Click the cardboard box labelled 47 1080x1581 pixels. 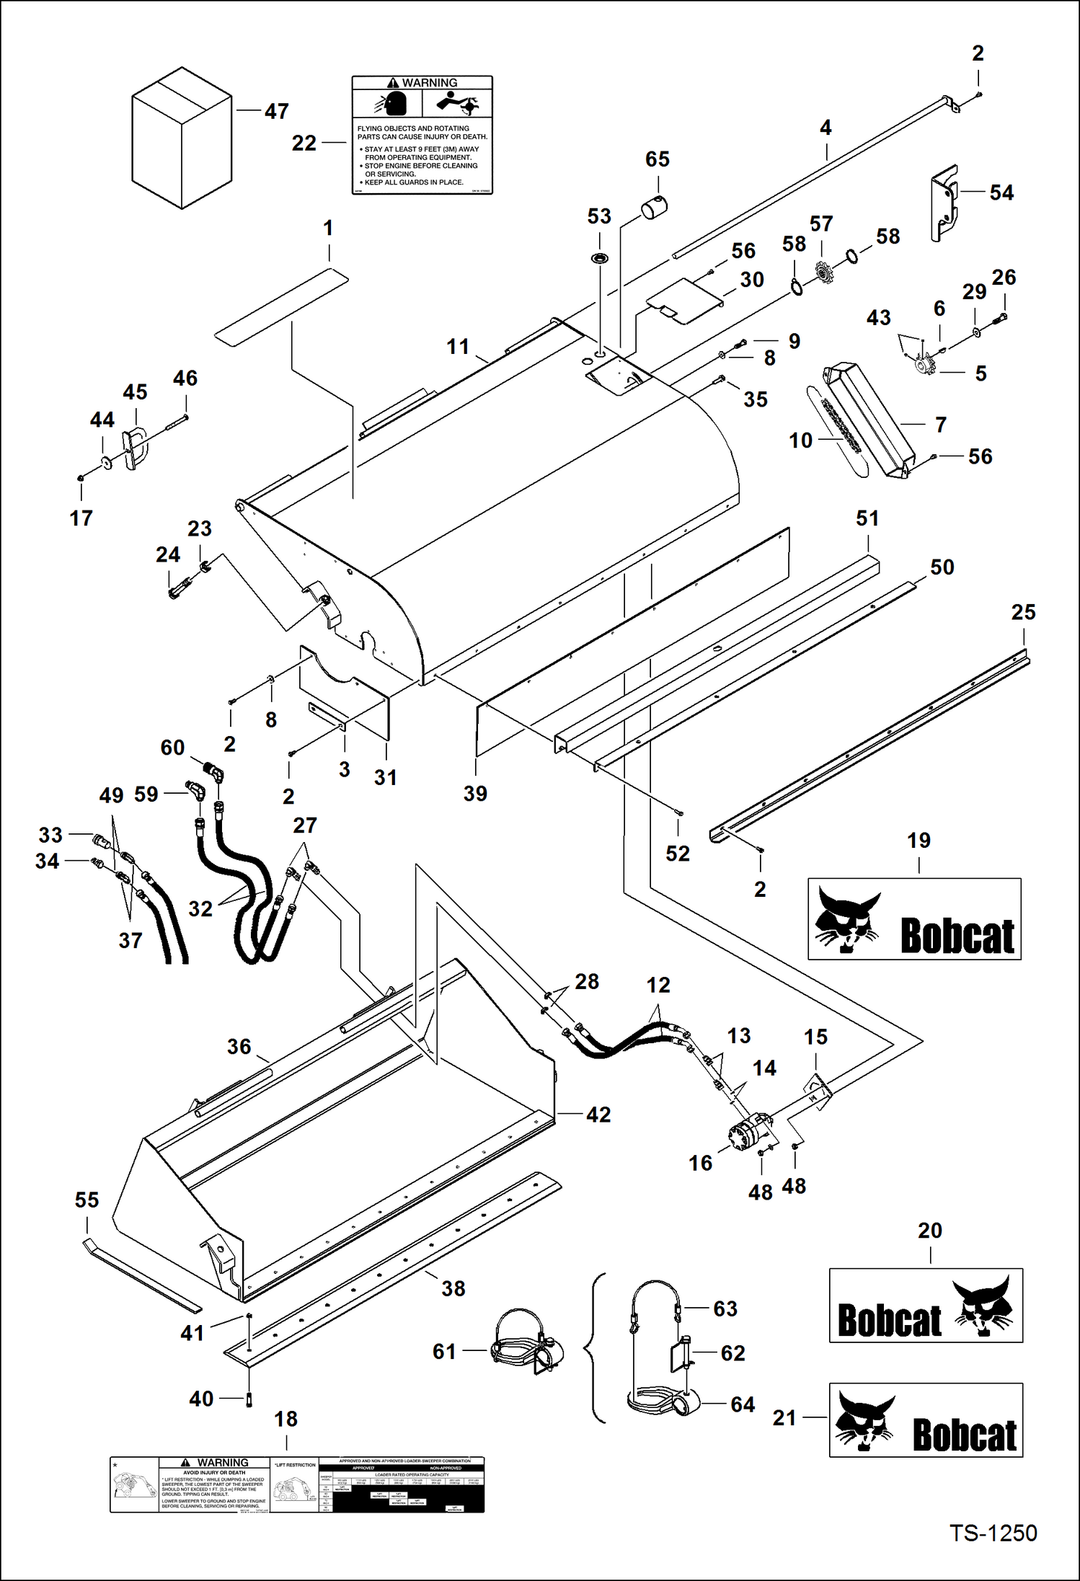click(x=182, y=138)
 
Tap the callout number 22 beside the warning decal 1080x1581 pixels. click(x=304, y=143)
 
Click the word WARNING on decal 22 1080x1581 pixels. click(x=429, y=83)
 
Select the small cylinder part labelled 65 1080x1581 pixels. click(x=654, y=208)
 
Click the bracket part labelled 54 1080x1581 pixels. click(x=944, y=203)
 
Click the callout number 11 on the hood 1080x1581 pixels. click(x=458, y=347)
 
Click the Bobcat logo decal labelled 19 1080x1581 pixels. click(x=914, y=918)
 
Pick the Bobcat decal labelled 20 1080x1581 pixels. click(x=926, y=1305)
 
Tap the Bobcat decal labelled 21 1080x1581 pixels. click(x=926, y=1420)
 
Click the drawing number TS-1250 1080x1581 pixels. click(x=993, y=1533)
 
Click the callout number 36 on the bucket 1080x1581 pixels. click(x=239, y=1046)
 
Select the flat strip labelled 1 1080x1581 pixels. click(x=281, y=307)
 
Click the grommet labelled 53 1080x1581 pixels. click(x=599, y=258)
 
